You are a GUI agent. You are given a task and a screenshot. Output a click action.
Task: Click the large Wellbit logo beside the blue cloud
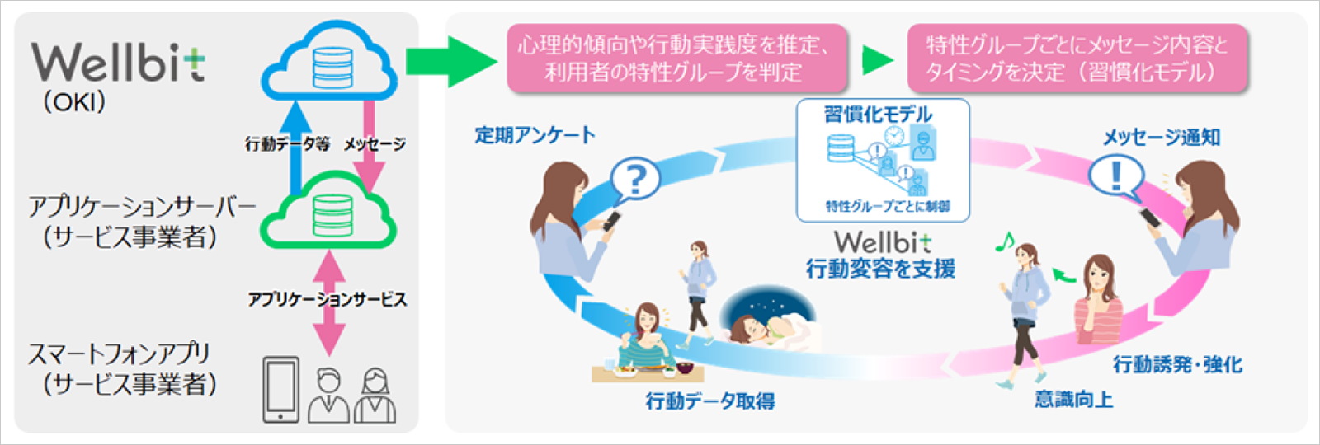click(x=118, y=63)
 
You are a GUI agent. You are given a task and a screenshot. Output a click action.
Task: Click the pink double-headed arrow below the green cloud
click(x=330, y=302)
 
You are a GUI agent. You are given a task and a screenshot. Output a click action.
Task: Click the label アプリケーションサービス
click(x=328, y=299)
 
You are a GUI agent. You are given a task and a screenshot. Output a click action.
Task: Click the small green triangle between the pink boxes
click(x=877, y=59)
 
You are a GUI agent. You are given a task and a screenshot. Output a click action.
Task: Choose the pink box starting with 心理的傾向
click(x=676, y=58)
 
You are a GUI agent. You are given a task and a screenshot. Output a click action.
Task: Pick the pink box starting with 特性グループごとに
click(x=1077, y=58)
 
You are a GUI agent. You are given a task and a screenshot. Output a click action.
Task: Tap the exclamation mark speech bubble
click(x=1115, y=176)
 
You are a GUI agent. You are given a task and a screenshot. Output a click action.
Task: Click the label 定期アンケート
click(x=535, y=135)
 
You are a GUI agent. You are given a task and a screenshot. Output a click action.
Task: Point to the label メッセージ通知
click(x=1162, y=138)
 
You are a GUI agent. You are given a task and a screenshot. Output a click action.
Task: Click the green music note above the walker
click(x=1004, y=241)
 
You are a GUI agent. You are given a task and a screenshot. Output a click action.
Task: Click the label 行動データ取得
click(x=710, y=401)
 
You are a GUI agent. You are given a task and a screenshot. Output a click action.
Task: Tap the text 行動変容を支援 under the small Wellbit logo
click(x=880, y=269)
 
